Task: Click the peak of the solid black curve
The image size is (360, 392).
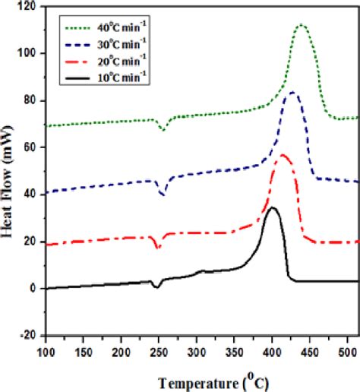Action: (272, 207)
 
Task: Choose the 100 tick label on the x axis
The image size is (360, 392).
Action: (46, 351)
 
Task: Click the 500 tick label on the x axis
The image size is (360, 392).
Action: (346, 351)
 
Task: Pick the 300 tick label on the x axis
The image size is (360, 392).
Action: (196, 351)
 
